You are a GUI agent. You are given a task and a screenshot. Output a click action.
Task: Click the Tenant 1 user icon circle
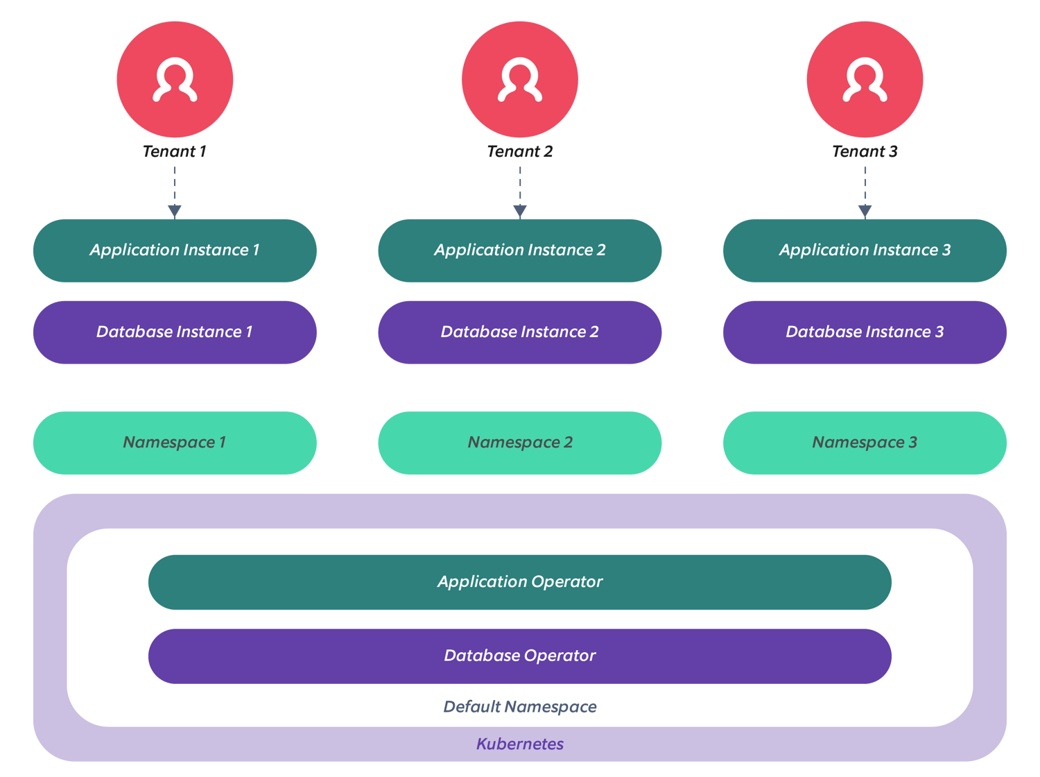click(175, 79)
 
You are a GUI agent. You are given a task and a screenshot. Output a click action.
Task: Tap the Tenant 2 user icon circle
click(520, 79)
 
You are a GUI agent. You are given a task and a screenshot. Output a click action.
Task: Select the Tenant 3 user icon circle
click(865, 79)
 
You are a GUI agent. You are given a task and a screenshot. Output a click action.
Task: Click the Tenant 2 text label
click(520, 151)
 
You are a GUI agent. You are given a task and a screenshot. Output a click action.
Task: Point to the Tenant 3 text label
click(865, 151)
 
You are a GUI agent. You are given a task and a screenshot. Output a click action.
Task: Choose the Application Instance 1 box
click(175, 250)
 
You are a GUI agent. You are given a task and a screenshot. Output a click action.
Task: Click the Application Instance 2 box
click(520, 250)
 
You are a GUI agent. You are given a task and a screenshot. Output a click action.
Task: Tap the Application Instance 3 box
click(865, 250)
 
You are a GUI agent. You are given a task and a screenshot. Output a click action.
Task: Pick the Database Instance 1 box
click(175, 332)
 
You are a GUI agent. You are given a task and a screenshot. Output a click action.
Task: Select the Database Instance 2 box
click(520, 332)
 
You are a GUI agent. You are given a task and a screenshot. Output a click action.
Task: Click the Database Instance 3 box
click(865, 332)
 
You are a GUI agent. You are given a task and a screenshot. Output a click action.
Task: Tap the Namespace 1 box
click(175, 443)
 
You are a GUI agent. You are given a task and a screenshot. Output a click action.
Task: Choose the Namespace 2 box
click(520, 443)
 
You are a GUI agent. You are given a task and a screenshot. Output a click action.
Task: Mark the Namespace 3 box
click(865, 443)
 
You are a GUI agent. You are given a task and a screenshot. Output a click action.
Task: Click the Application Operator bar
click(520, 582)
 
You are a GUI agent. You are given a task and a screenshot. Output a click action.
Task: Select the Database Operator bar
click(520, 656)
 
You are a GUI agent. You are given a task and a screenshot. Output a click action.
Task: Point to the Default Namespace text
click(520, 707)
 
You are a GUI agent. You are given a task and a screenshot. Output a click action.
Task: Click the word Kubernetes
click(520, 744)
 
